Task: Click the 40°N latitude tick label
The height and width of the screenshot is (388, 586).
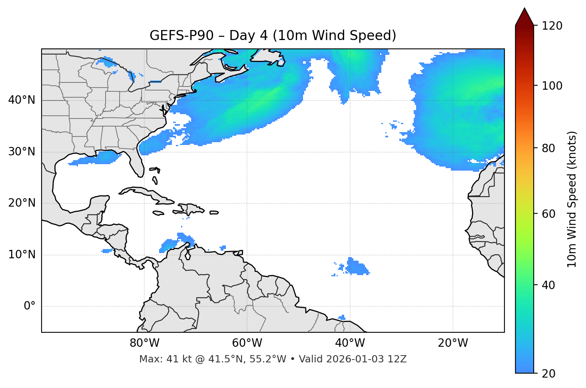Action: (x=22, y=100)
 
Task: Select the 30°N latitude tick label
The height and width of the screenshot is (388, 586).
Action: (x=22, y=152)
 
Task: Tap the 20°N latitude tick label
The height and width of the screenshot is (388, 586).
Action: (x=22, y=203)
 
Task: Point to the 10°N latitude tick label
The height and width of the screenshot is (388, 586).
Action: (x=22, y=255)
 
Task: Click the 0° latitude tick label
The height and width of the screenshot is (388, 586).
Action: (x=30, y=306)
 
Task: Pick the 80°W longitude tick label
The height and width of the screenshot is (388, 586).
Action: (x=144, y=343)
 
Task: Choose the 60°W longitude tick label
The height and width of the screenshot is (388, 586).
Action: (x=247, y=343)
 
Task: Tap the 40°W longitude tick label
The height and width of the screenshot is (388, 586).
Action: (x=350, y=343)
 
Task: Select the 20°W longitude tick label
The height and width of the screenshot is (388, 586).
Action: (x=452, y=343)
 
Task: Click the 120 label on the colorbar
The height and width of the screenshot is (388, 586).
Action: (x=552, y=26)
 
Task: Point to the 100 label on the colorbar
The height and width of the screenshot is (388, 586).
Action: (x=552, y=86)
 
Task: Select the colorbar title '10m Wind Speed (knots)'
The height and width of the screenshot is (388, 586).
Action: (x=572, y=199)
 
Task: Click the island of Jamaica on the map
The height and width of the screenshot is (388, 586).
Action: (x=158, y=213)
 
